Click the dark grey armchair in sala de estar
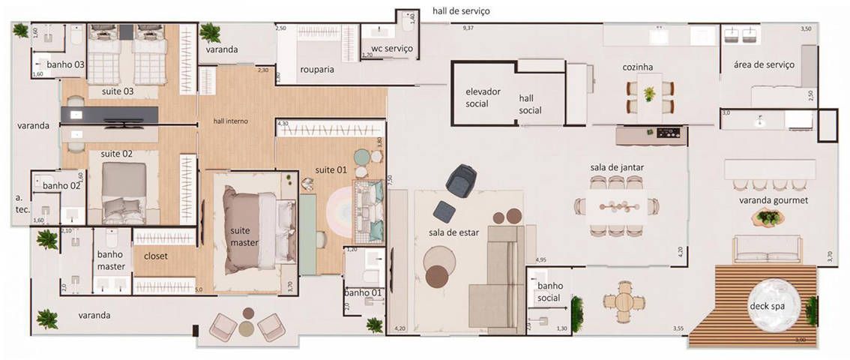click(461, 179)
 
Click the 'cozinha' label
click(637, 67)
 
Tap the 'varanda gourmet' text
click(766, 200)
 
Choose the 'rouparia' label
click(316, 69)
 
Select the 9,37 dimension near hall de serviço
click(469, 28)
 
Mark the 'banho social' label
click(549, 292)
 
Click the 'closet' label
click(156, 255)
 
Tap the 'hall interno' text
click(231, 121)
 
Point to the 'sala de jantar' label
click(618, 166)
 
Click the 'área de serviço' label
click(765, 65)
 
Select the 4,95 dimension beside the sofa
click(541, 259)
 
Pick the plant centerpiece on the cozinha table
click(648, 93)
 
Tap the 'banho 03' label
click(65, 65)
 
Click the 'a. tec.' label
click(22, 203)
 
